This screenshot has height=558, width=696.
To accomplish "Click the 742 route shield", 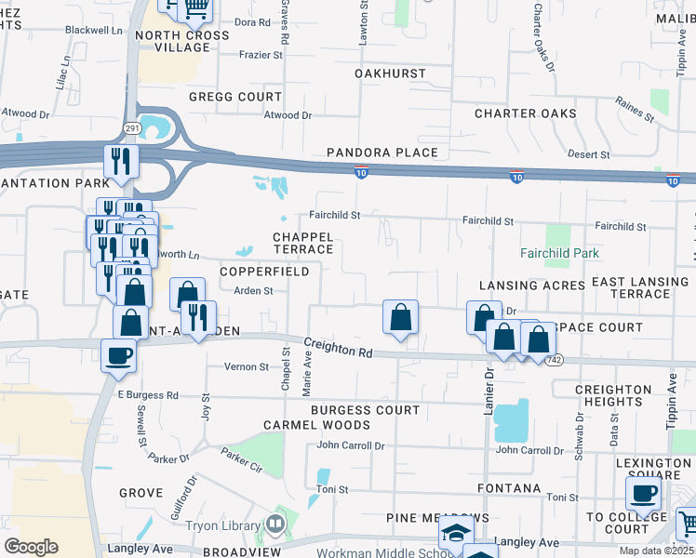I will [x=554, y=360].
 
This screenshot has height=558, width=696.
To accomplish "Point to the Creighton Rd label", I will [x=338, y=350].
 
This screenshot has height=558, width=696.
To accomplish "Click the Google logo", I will [x=31, y=547].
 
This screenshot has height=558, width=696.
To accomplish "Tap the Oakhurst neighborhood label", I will [x=390, y=73].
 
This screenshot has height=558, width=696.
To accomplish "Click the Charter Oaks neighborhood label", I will [x=525, y=113].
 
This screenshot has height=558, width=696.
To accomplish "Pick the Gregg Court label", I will [x=234, y=97].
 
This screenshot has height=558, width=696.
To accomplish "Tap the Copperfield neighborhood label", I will [x=264, y=272].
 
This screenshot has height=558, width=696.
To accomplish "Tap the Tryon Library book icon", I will [x=274, y=525].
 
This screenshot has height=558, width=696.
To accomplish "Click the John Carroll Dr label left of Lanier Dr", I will [x=350, y=446].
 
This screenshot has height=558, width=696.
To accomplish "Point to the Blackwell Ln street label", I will [x=94, y=30].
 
